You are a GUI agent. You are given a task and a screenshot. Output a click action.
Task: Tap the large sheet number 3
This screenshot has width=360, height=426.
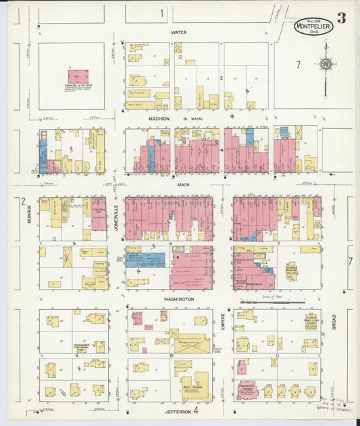[x=342, y=18]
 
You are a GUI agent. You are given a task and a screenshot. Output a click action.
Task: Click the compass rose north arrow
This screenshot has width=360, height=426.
[x=326, y=64]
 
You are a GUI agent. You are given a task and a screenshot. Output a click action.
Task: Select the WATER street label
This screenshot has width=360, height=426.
[x=178, y=32]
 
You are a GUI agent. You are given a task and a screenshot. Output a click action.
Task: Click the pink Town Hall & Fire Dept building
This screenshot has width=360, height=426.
[x=78, y=76]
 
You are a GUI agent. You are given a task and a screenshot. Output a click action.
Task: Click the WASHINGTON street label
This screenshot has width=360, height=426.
[x=178, y=298]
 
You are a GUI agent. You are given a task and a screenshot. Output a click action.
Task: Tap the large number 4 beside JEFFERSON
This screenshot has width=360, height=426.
[x=196, y=410]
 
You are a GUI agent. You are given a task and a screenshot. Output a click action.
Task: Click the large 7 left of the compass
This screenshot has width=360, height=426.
[x=297, y=64]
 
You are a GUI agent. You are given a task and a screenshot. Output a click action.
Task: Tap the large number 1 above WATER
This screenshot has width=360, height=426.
[x=162, y=14]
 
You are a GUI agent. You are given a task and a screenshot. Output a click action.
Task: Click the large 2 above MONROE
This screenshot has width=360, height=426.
[x=23, y=201]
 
